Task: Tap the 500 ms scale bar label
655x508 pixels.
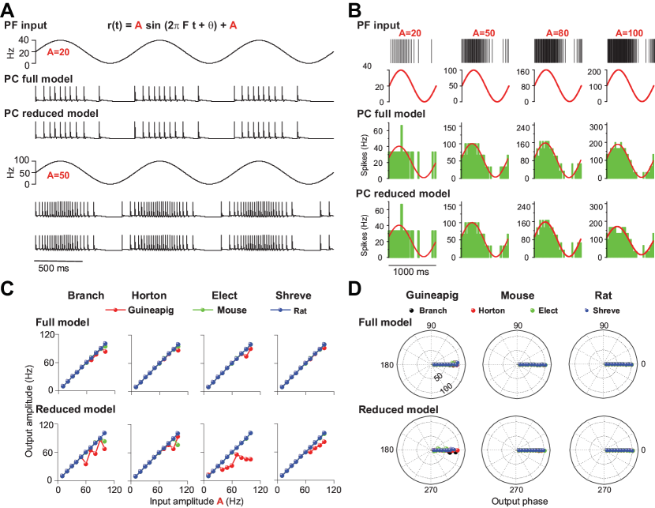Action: (54, 267)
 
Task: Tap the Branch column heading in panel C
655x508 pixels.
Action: (85, 295)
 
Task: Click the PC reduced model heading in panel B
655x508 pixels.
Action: (403, 194)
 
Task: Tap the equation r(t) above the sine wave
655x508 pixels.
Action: (173, 26)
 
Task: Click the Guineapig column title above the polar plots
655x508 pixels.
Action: (432, 295)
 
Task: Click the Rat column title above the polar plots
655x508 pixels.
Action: (596, 295)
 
